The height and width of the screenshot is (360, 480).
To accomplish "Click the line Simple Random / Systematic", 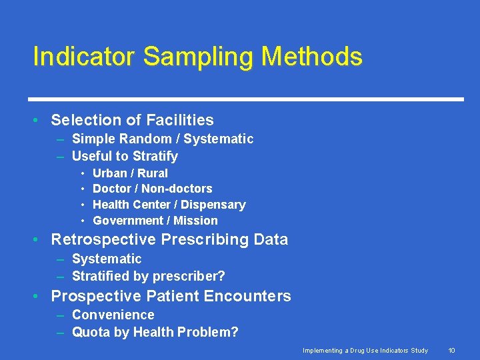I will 162,139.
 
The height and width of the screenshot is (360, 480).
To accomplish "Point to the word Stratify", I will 155,156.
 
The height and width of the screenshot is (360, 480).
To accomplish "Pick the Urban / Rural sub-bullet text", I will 130,173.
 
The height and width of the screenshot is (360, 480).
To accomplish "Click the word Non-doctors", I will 177,189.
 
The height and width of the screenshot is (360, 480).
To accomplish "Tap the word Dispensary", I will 213,205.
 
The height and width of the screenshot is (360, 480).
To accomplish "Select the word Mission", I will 195,221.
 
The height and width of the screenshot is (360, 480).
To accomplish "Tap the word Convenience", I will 113,315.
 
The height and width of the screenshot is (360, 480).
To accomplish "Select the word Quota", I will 90,332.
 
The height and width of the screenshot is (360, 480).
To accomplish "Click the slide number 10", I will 451,350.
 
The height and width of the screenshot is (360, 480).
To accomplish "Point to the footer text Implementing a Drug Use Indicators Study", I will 365,350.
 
